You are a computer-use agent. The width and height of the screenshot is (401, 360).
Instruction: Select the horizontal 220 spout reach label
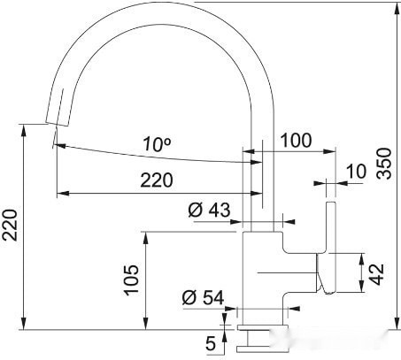click(157, 181)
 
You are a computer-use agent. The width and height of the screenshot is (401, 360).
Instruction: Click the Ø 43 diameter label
click(209, 210)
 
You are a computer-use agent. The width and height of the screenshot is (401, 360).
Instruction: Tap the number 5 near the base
click(210, 341)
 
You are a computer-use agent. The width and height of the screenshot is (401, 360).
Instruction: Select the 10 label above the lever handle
click(356, 171)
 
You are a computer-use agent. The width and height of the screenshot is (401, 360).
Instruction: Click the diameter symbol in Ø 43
click(195, 210)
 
